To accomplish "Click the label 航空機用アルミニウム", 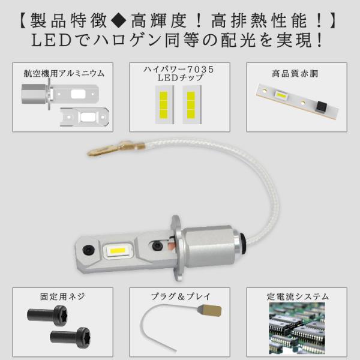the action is click(x=64, y=73).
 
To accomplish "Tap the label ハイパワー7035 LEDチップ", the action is click(x=179, y=73).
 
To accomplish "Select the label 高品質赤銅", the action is click(x=295, y=74).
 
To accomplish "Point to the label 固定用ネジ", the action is click(x=62, y=296).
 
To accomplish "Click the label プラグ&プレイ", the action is click(x=181, y=296).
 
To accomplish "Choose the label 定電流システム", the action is click(x=298, y=296).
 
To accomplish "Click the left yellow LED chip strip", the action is click(x=164, y=104).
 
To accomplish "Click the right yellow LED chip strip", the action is click(x=191, y=104).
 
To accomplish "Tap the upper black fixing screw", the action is click(x=47, y=315).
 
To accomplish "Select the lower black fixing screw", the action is click(x=70, y=338).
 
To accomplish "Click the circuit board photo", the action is click(x=297, y=328).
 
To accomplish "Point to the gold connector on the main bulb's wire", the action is click(x=116, y=148).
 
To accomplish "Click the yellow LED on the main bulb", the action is click(x=118, y=251).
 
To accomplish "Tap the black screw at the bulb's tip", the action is click(x=88, y=249).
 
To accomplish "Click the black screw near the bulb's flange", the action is click(x=157, y=245).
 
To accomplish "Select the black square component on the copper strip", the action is click(x=322, y=106).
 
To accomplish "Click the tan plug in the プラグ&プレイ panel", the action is click(x=209, y=310).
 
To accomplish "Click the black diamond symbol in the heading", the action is click(x=118, y=20).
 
